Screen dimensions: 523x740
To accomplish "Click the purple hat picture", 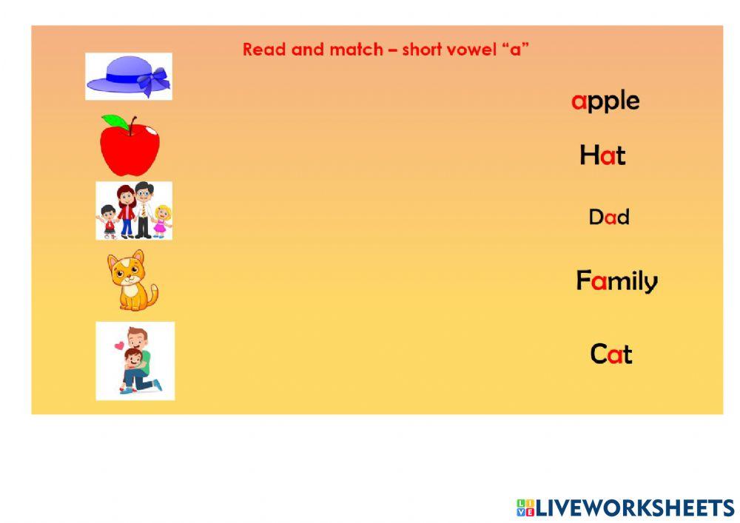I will [128, 76].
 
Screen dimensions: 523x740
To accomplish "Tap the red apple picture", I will [130, 146].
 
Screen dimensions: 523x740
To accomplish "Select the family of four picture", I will [134, 211].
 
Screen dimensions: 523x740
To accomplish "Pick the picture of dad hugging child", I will [135, 361].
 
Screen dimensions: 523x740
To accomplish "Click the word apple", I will [605, 101].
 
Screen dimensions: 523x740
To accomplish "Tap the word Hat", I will [602, 155].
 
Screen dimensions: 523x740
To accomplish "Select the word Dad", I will [608, 217].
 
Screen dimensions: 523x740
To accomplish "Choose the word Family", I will [616, 281].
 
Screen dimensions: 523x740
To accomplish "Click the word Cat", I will [610, 354].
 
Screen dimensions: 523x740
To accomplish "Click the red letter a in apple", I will [578, 101].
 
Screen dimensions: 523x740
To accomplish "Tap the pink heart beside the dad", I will [118, 345].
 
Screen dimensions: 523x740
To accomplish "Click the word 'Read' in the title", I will [263, 50].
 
